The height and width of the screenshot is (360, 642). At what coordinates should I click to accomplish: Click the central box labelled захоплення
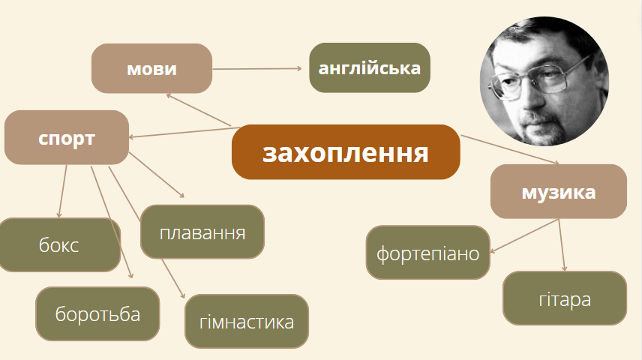pos(345,152)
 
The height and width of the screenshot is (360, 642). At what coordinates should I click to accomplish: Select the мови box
pos(151,69)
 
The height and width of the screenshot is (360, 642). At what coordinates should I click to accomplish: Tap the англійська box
pos(370,68)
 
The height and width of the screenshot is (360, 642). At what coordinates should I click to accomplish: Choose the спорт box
pos(67,138)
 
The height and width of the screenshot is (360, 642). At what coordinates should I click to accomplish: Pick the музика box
pos(558,192)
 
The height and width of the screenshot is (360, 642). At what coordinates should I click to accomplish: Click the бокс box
pos(58,244)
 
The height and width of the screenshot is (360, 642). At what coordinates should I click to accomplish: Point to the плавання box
pos(202,231)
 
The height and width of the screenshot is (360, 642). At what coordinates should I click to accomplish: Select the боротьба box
pos(97,313)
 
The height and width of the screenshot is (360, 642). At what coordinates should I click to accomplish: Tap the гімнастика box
pos(247,322)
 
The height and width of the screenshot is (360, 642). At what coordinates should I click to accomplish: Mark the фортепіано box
pos(427,252)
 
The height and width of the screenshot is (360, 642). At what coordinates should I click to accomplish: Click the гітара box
pos(564,298)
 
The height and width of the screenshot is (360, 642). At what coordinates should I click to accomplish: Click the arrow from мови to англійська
pos(259,69)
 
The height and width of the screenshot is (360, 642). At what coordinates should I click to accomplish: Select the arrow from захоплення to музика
pos(510,150)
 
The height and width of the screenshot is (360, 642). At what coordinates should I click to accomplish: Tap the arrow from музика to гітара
pos(562,244)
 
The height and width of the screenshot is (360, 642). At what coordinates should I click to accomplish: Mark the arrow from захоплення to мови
pos(199,109)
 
